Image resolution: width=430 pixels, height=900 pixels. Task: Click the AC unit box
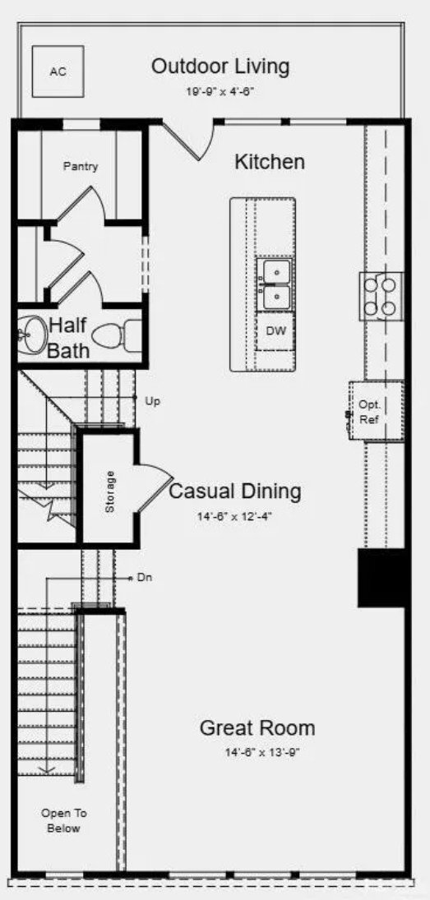[58, 72]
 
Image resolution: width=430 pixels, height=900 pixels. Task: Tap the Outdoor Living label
[220, 67]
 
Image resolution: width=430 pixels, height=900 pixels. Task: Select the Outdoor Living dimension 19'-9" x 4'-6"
[220, 91]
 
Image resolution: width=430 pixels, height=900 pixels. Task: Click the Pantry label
[81, 167]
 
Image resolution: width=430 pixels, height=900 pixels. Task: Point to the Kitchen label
[269, 162]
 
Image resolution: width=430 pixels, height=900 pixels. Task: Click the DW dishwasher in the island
[275, 331]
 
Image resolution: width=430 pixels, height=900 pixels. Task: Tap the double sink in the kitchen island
[274, 284]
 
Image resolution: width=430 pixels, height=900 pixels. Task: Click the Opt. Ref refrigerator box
[377, 411]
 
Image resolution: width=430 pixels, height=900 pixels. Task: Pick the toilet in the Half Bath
[117, 335]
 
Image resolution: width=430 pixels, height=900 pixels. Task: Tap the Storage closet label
[109, 492]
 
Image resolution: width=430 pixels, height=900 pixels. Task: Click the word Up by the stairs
[152, 401]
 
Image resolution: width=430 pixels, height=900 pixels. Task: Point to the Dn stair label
[144, 578]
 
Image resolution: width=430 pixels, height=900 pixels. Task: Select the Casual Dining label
[234, 492]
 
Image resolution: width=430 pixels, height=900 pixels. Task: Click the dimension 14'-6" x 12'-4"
[234, 516]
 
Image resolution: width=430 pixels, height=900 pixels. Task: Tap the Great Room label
[257, 727]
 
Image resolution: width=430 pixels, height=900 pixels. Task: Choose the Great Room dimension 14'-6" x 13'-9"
[262, 753]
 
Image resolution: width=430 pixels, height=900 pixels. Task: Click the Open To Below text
[64, 821]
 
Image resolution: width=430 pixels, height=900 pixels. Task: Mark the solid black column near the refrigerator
[381, 578]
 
